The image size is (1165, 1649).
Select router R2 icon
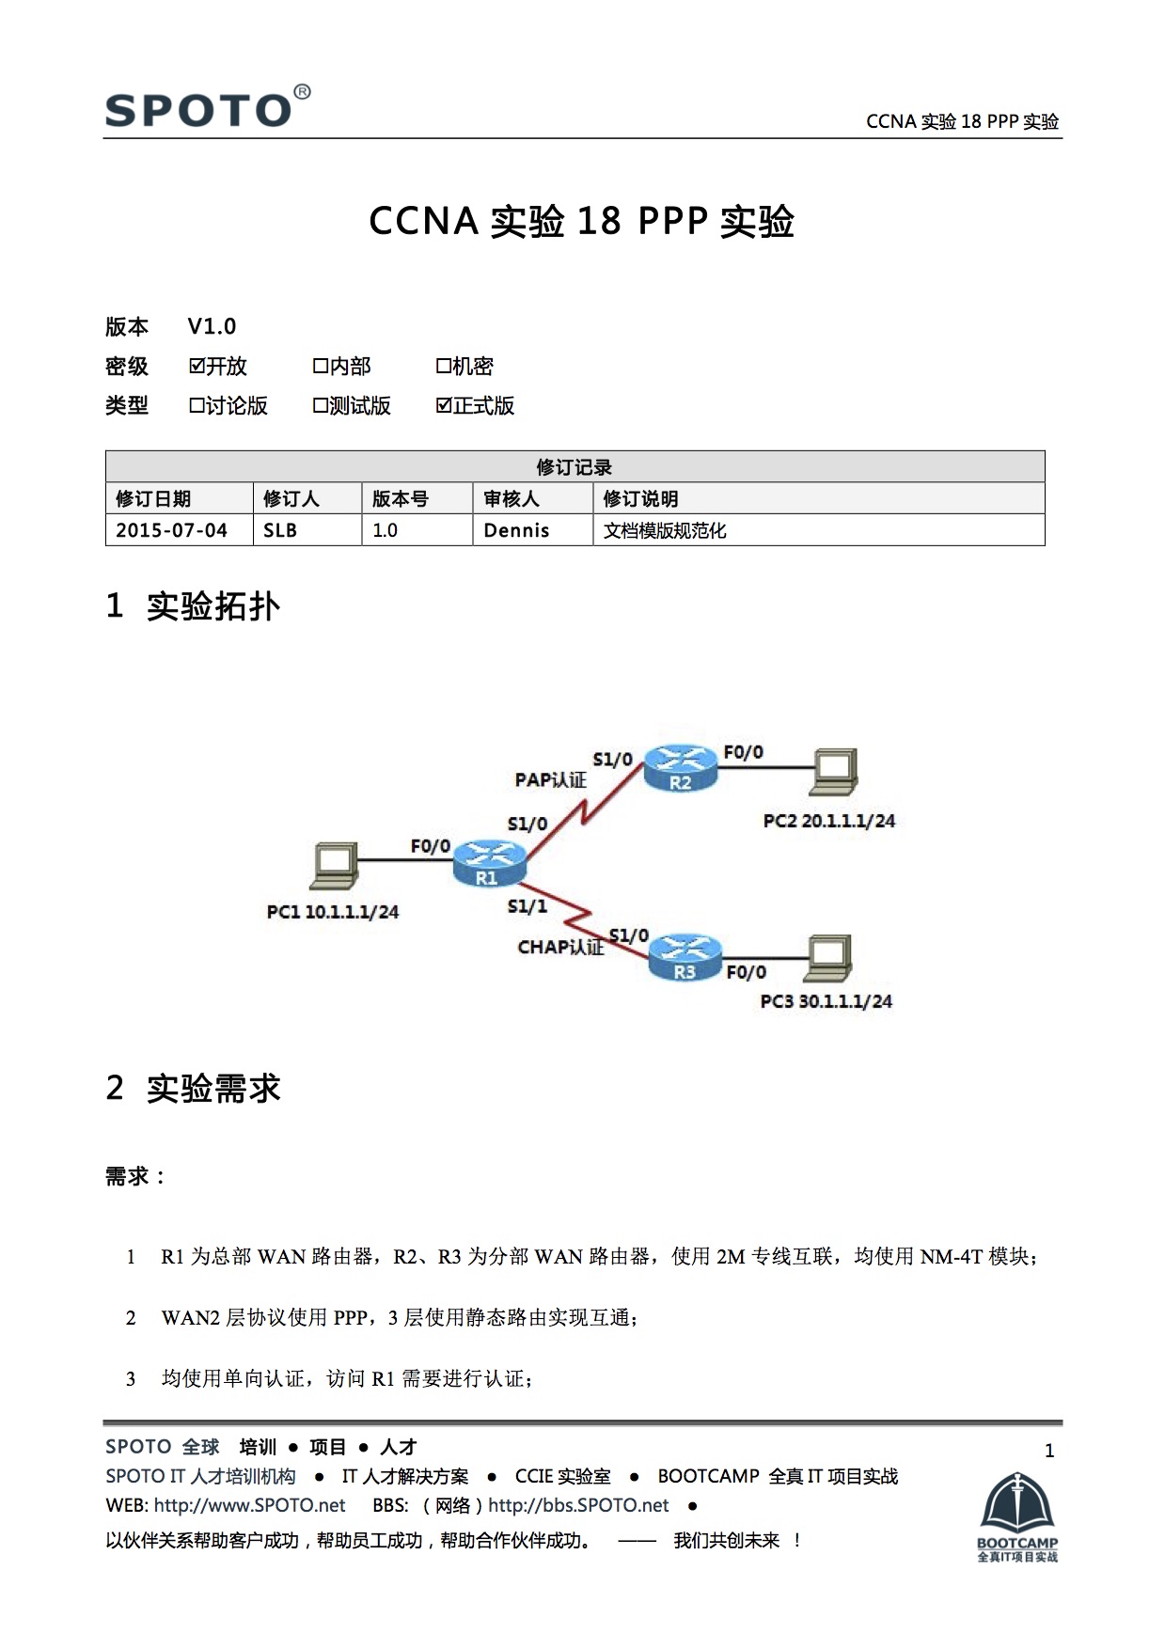681,768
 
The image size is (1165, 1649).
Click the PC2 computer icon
834,773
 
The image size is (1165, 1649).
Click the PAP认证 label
550,779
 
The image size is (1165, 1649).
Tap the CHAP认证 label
560,947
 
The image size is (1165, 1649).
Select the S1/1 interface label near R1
527,906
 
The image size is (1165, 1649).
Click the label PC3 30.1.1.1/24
826,1001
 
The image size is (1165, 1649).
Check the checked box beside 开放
197,366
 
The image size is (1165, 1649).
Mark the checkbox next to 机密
444,366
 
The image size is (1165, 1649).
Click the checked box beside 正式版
444,405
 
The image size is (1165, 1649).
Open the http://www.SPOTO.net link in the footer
249,1505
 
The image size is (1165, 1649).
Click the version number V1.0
212,326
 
